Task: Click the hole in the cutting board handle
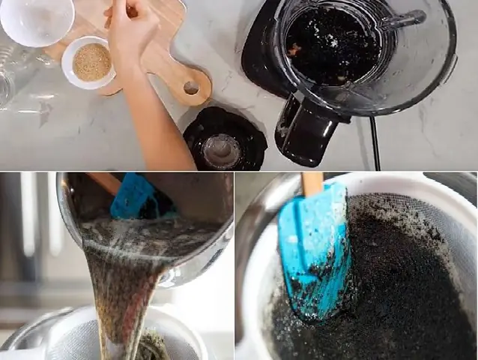point(191,88)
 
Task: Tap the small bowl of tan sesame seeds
point(91,61)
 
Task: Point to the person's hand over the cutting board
point(133,30)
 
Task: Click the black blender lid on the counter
point(224,140)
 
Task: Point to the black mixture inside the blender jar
point(330,45)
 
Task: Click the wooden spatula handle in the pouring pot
point(105,182)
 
